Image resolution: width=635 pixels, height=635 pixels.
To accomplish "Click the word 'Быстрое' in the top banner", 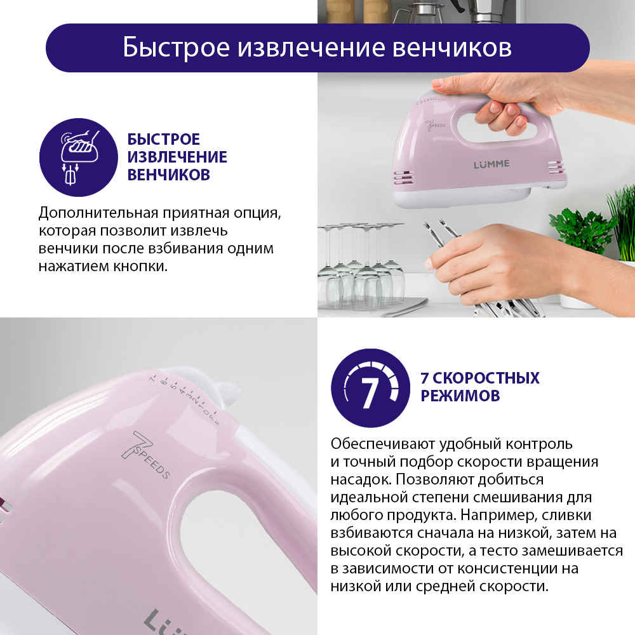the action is pos(176,48).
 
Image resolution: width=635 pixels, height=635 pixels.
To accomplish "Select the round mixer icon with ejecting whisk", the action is pos(79,157).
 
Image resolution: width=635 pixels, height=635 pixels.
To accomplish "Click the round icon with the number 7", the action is pos(371,388).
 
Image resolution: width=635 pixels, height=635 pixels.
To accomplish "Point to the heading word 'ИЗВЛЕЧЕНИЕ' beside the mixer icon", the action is pos(177,157).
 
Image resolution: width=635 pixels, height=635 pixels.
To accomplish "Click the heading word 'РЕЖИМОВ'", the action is pos(460,396).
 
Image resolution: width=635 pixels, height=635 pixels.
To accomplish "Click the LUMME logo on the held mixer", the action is pos(491,164).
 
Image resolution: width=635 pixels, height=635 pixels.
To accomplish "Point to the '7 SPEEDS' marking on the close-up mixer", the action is pos(146,455).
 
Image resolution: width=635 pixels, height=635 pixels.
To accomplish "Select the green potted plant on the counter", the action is pos(583,231).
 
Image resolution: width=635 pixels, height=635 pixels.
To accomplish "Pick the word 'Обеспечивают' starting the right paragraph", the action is pos(383,444).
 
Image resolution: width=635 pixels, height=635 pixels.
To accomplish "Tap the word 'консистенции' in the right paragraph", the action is pos(507,568).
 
